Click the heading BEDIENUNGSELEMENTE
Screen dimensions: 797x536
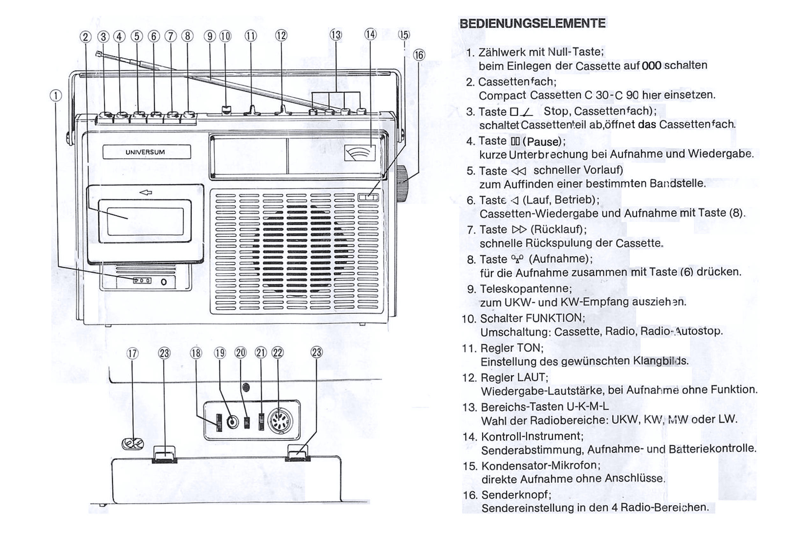point(532,23)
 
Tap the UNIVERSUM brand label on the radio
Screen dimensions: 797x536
point(145,152)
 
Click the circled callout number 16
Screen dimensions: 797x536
point(419,55)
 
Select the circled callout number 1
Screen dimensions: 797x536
point(56,96)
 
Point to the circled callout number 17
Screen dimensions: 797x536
point(132,354)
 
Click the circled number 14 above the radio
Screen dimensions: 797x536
point(370,34)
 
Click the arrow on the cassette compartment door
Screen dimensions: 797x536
point(146,193)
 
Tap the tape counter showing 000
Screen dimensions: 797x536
point(142,281)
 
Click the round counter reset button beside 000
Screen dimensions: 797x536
point(164,282)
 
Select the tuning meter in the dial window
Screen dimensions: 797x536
point(360,153)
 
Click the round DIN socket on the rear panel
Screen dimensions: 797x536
point(280,421)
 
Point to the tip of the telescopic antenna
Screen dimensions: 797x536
point(98,53)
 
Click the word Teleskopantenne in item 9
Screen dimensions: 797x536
point(526,289)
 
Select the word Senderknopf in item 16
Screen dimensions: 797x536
point(516,495)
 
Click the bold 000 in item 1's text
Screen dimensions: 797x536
point(651,66)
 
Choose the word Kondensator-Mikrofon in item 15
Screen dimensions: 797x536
point(541,466)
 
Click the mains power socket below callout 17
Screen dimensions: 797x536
point(133,443)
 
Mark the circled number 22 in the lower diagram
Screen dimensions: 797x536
point(277,353)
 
